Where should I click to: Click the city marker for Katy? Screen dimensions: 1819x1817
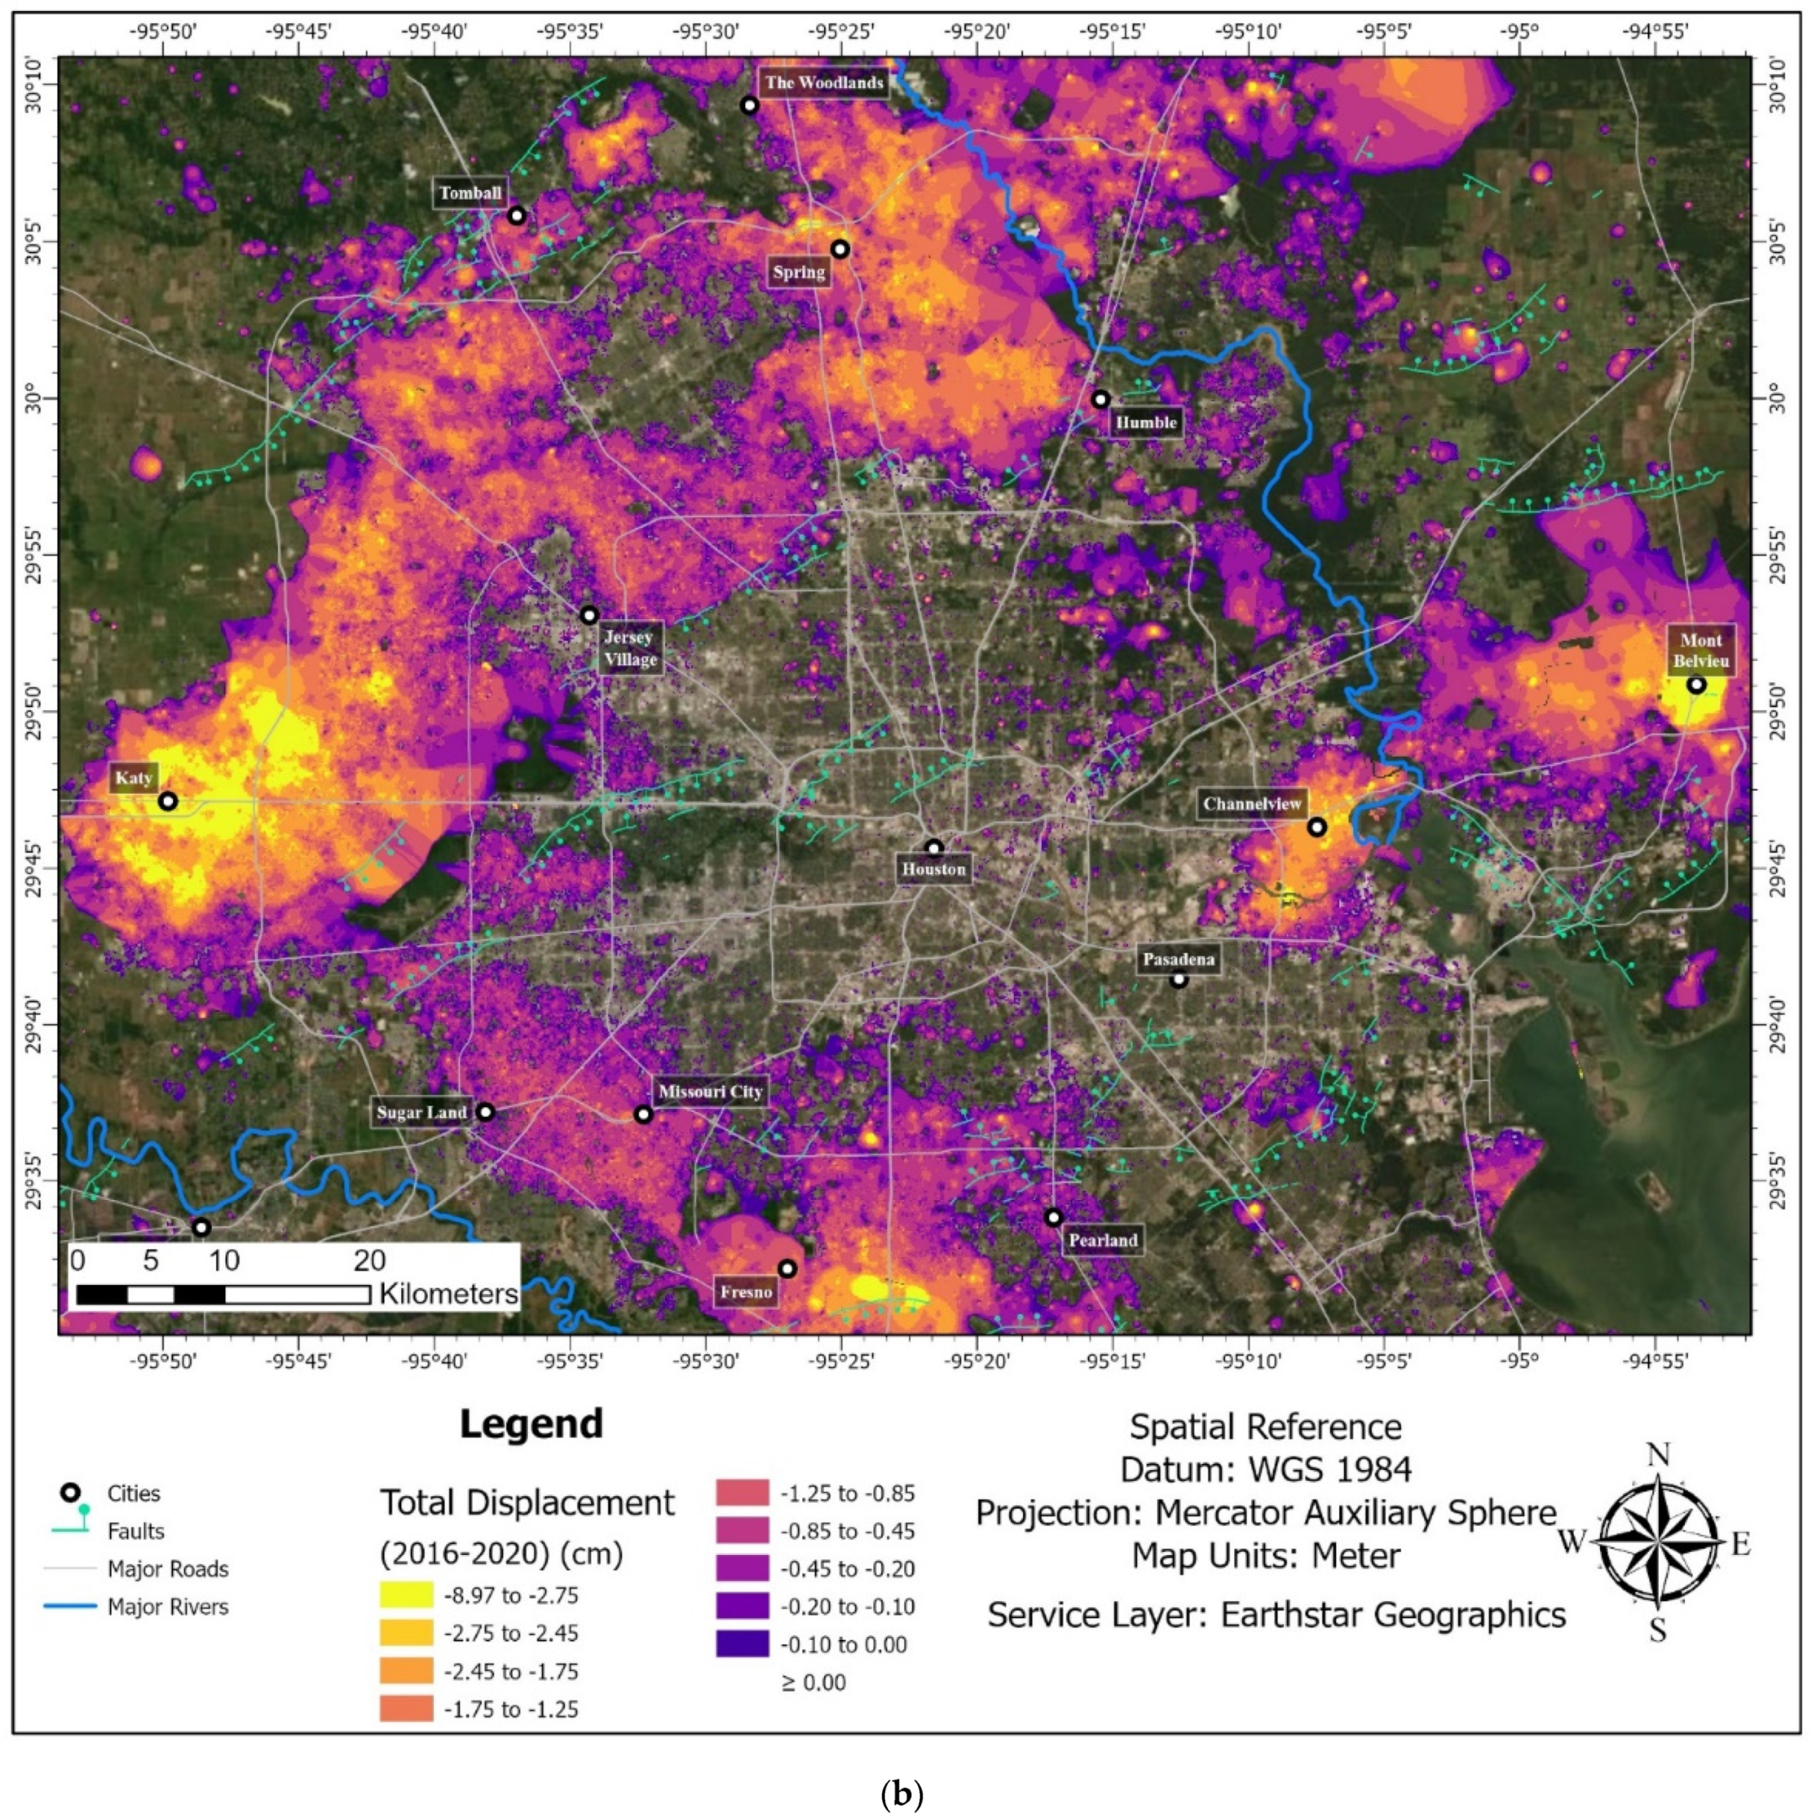(168, 801)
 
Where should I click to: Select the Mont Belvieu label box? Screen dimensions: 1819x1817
(1700, 651)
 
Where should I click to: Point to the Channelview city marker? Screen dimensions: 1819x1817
(1317, 827)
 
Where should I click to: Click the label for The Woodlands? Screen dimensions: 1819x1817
(823, 83)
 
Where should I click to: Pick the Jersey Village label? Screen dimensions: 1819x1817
(630, 648)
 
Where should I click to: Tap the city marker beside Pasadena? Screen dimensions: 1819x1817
(1178, 979)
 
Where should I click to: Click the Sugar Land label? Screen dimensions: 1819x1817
(422, 1113)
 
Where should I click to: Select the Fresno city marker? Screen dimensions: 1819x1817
(787, 1268)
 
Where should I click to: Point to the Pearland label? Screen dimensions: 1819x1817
(1102, 1240)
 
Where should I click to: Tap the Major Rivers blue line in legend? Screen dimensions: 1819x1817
(70, 1606)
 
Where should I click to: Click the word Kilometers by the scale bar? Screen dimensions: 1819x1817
(448, 1294)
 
